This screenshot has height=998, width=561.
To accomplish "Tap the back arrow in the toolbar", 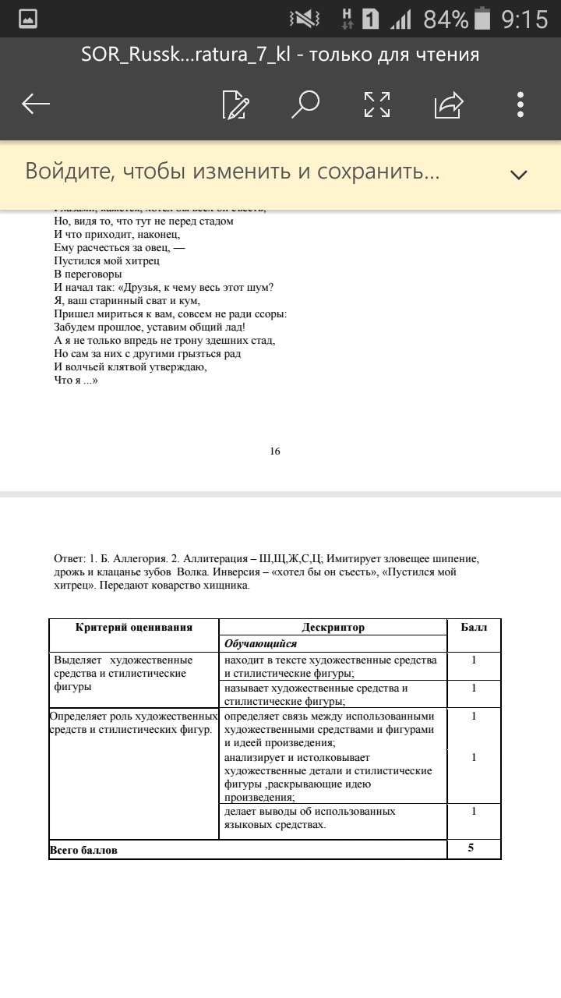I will (x=36, y=104).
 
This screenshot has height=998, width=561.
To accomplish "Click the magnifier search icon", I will (x=305, y=104).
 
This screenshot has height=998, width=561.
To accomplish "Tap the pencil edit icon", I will (x=235, y=104).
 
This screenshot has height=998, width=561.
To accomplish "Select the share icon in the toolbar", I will (x=449, y=104).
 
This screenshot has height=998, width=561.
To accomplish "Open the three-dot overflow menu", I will (x=520, y=104).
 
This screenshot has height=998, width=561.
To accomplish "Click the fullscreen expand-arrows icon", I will (x=377, y=104).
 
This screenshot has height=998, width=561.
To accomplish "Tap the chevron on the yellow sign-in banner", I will (x=518, y=174).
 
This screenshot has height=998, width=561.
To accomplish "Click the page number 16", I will (x=275, y=451).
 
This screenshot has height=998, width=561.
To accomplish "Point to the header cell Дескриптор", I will (x=333, y=628).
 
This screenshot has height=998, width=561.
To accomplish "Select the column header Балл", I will (x=474, y=628).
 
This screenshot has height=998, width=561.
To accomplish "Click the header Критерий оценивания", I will (x=134, y=627).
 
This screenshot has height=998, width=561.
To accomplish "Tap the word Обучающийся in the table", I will (x=261, y=644).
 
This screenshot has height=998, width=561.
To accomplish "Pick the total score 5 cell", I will (x=471, y=848).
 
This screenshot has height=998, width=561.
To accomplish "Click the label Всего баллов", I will (x=83, y=850).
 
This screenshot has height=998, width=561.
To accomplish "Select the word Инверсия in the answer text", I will (x=232, y=572).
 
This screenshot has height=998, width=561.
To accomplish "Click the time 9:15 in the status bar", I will (x=524, y=19).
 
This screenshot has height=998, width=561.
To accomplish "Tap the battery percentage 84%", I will (x=446, y=19).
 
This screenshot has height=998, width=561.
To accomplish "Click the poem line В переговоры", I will (x=88, y=274).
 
